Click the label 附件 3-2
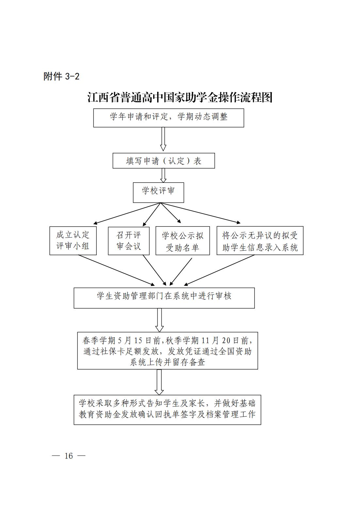tap(61, 76)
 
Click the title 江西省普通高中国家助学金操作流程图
tap(180, 98)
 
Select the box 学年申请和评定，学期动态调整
tap(169, 118)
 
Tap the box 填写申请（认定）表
tap(164, 161)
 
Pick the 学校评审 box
tap(158, 192)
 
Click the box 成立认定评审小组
tap(73, 241)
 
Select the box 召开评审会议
tap(129, 241)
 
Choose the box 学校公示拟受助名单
tap(183, 241)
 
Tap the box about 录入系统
tap(260, 240)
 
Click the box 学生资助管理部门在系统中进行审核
tap(164, 298)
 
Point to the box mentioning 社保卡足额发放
tap(168, 351)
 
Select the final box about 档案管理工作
tap(167, 410)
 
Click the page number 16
tap(69, 456)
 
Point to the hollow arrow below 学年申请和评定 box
tap(163, 139)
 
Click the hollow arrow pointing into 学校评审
tap(163, 175)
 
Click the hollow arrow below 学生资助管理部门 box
tap(159, 320)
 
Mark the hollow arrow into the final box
tap(159, 382)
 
